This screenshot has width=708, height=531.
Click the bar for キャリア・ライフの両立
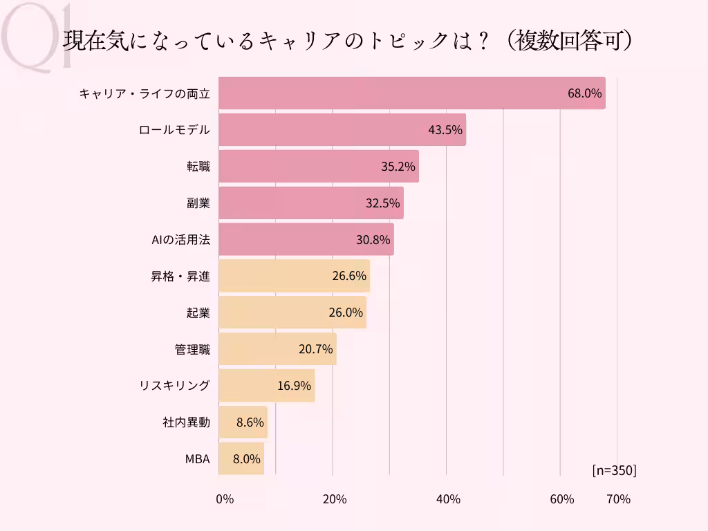coord(411,93)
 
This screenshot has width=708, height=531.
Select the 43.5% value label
coord(445,130)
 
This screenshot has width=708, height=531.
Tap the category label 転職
coord(194,167)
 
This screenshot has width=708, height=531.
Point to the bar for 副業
coord(310,203)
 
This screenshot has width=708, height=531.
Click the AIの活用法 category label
coord(180,240)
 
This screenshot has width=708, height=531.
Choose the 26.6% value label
coord(348,277)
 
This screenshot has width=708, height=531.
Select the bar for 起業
coord(292,313)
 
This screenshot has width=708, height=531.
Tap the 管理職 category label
coord(192,349)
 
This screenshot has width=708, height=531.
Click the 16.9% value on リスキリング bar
coord(294,386)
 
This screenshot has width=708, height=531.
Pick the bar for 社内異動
coord(243,422)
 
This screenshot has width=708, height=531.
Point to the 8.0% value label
coord(246,459)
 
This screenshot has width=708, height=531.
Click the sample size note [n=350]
coord(614,470)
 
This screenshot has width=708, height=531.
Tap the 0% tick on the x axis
coord(225,499)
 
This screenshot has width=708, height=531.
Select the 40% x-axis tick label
coord(449,499)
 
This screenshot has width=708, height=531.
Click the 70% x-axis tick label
coord(618,499)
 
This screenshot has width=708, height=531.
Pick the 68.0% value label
coord(585,93)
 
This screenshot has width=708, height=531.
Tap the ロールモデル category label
coord(174,130)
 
